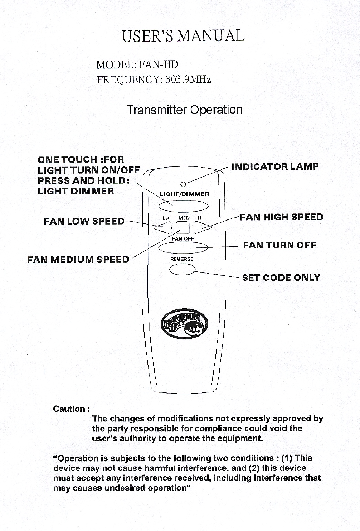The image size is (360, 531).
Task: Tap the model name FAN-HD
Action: pyautogui.click(x=159, y=65)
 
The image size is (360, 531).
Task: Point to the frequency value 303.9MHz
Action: pyautogui.click(x=188, y=79)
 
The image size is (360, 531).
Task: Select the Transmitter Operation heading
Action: pyautogui.click(x=184, y=110)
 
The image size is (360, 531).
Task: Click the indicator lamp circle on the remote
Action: pyautogui.click(x=183, y=184)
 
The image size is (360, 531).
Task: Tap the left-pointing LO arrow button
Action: pyautogui.click(x=162, y=227)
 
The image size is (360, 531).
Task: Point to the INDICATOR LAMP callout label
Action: pyautogui.click(x=275, y=167)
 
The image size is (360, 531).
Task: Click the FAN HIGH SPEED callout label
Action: pyautogui.click(x=281, y=217)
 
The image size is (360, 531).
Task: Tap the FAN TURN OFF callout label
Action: pyautogui.click(x=279, y=245)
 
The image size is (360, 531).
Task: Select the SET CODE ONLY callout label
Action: pyautogui.click(x=281, y=277)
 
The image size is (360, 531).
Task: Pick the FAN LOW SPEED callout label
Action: pyautogui.click(x=84, y=221)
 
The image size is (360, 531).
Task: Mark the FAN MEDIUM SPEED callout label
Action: pyautogui.click(x=78, y=259)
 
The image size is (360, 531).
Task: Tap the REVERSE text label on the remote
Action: pyautogui.click(x=182, y=259)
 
